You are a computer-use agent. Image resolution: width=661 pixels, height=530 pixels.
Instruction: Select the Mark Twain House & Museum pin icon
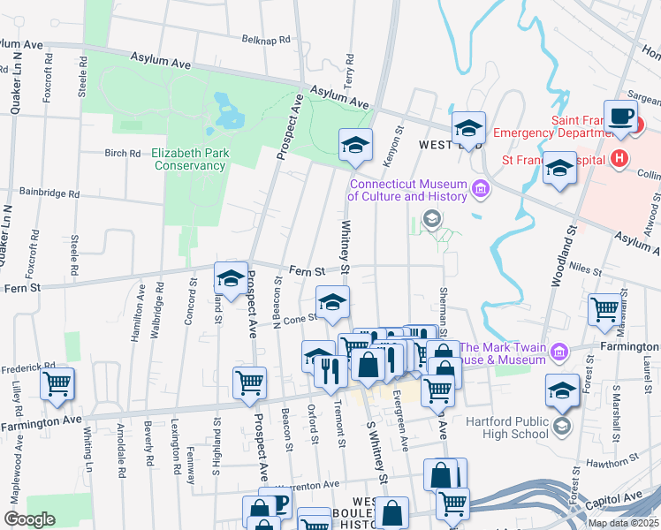(558, 352)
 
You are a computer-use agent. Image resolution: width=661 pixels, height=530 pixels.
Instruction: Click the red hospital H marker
(619, 159)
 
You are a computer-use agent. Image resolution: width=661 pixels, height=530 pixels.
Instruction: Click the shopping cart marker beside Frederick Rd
(57, 385)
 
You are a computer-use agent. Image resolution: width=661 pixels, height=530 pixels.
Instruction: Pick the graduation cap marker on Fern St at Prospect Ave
(231, 280)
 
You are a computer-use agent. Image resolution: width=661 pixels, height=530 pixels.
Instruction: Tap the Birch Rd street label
(123, 153)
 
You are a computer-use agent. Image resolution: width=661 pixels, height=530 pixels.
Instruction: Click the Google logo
(29, 519)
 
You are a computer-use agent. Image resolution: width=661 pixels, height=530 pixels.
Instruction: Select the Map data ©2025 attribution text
(624, 523)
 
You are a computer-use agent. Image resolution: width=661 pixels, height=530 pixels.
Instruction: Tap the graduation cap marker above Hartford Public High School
(562, 391)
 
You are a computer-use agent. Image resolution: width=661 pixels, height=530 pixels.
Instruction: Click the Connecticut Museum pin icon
(481, 188)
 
